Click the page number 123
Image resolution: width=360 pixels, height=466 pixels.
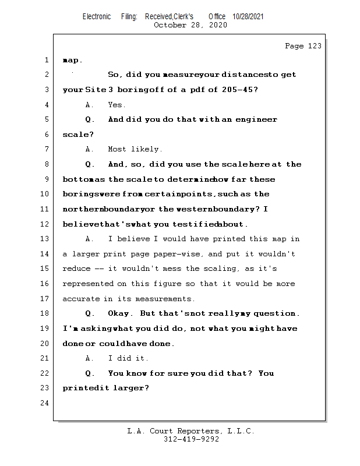[315, 46]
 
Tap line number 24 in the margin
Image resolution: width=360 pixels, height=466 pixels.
[45, 403]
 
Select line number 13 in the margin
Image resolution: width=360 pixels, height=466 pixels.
[45, 239]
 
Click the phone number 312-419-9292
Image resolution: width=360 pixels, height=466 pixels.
[191, 440]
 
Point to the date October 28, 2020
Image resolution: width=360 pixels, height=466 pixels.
[190, 25]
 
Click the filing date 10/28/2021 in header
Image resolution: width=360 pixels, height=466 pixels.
[248, 17]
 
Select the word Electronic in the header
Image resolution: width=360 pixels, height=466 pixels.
[97, 17]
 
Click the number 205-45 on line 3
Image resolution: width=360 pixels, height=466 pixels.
[242, 90]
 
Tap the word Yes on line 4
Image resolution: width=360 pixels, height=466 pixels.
[117, 105]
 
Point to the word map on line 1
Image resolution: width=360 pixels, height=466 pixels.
[72, 60]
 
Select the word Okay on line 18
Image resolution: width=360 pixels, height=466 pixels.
[121, 313]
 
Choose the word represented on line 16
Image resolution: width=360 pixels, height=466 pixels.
[90, 284]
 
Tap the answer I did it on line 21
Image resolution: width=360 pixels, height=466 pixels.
[128, 358]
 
